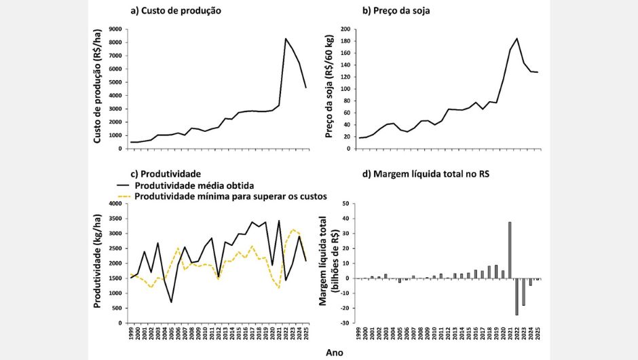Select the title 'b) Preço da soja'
coord(396,12)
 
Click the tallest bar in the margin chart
coord(510,250)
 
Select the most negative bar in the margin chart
coord(517,296)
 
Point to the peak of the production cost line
coord(286,39)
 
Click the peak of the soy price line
coord(517,39)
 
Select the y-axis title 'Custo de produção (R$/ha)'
coord(98,88)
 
